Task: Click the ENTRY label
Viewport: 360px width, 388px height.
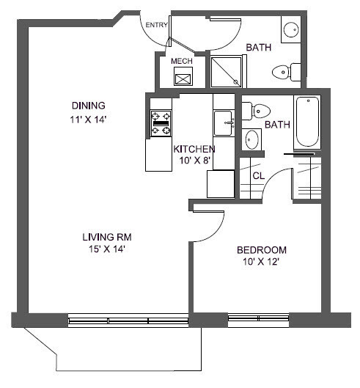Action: [x=156, y=25]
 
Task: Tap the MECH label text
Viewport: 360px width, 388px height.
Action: [x=181, y=62]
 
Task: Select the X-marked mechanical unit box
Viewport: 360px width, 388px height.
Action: [x=181, y=78]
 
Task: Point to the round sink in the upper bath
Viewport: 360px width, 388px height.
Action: [x=290, y=31]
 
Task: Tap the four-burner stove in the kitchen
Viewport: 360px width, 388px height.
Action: [x=161, y=123]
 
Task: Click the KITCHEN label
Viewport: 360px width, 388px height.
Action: [x=194, y=149]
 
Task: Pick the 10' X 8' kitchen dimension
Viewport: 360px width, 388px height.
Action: [x=194, y=161]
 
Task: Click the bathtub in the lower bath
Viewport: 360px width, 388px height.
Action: [x=307, y=122]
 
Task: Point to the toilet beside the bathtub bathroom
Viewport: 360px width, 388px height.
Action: [x=254, y=110]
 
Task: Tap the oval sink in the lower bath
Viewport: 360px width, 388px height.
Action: [x=252, y=139]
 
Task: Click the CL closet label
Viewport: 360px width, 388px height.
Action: [x=258, y=176]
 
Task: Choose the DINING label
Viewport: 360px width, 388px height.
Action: [x=88, y=104]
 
